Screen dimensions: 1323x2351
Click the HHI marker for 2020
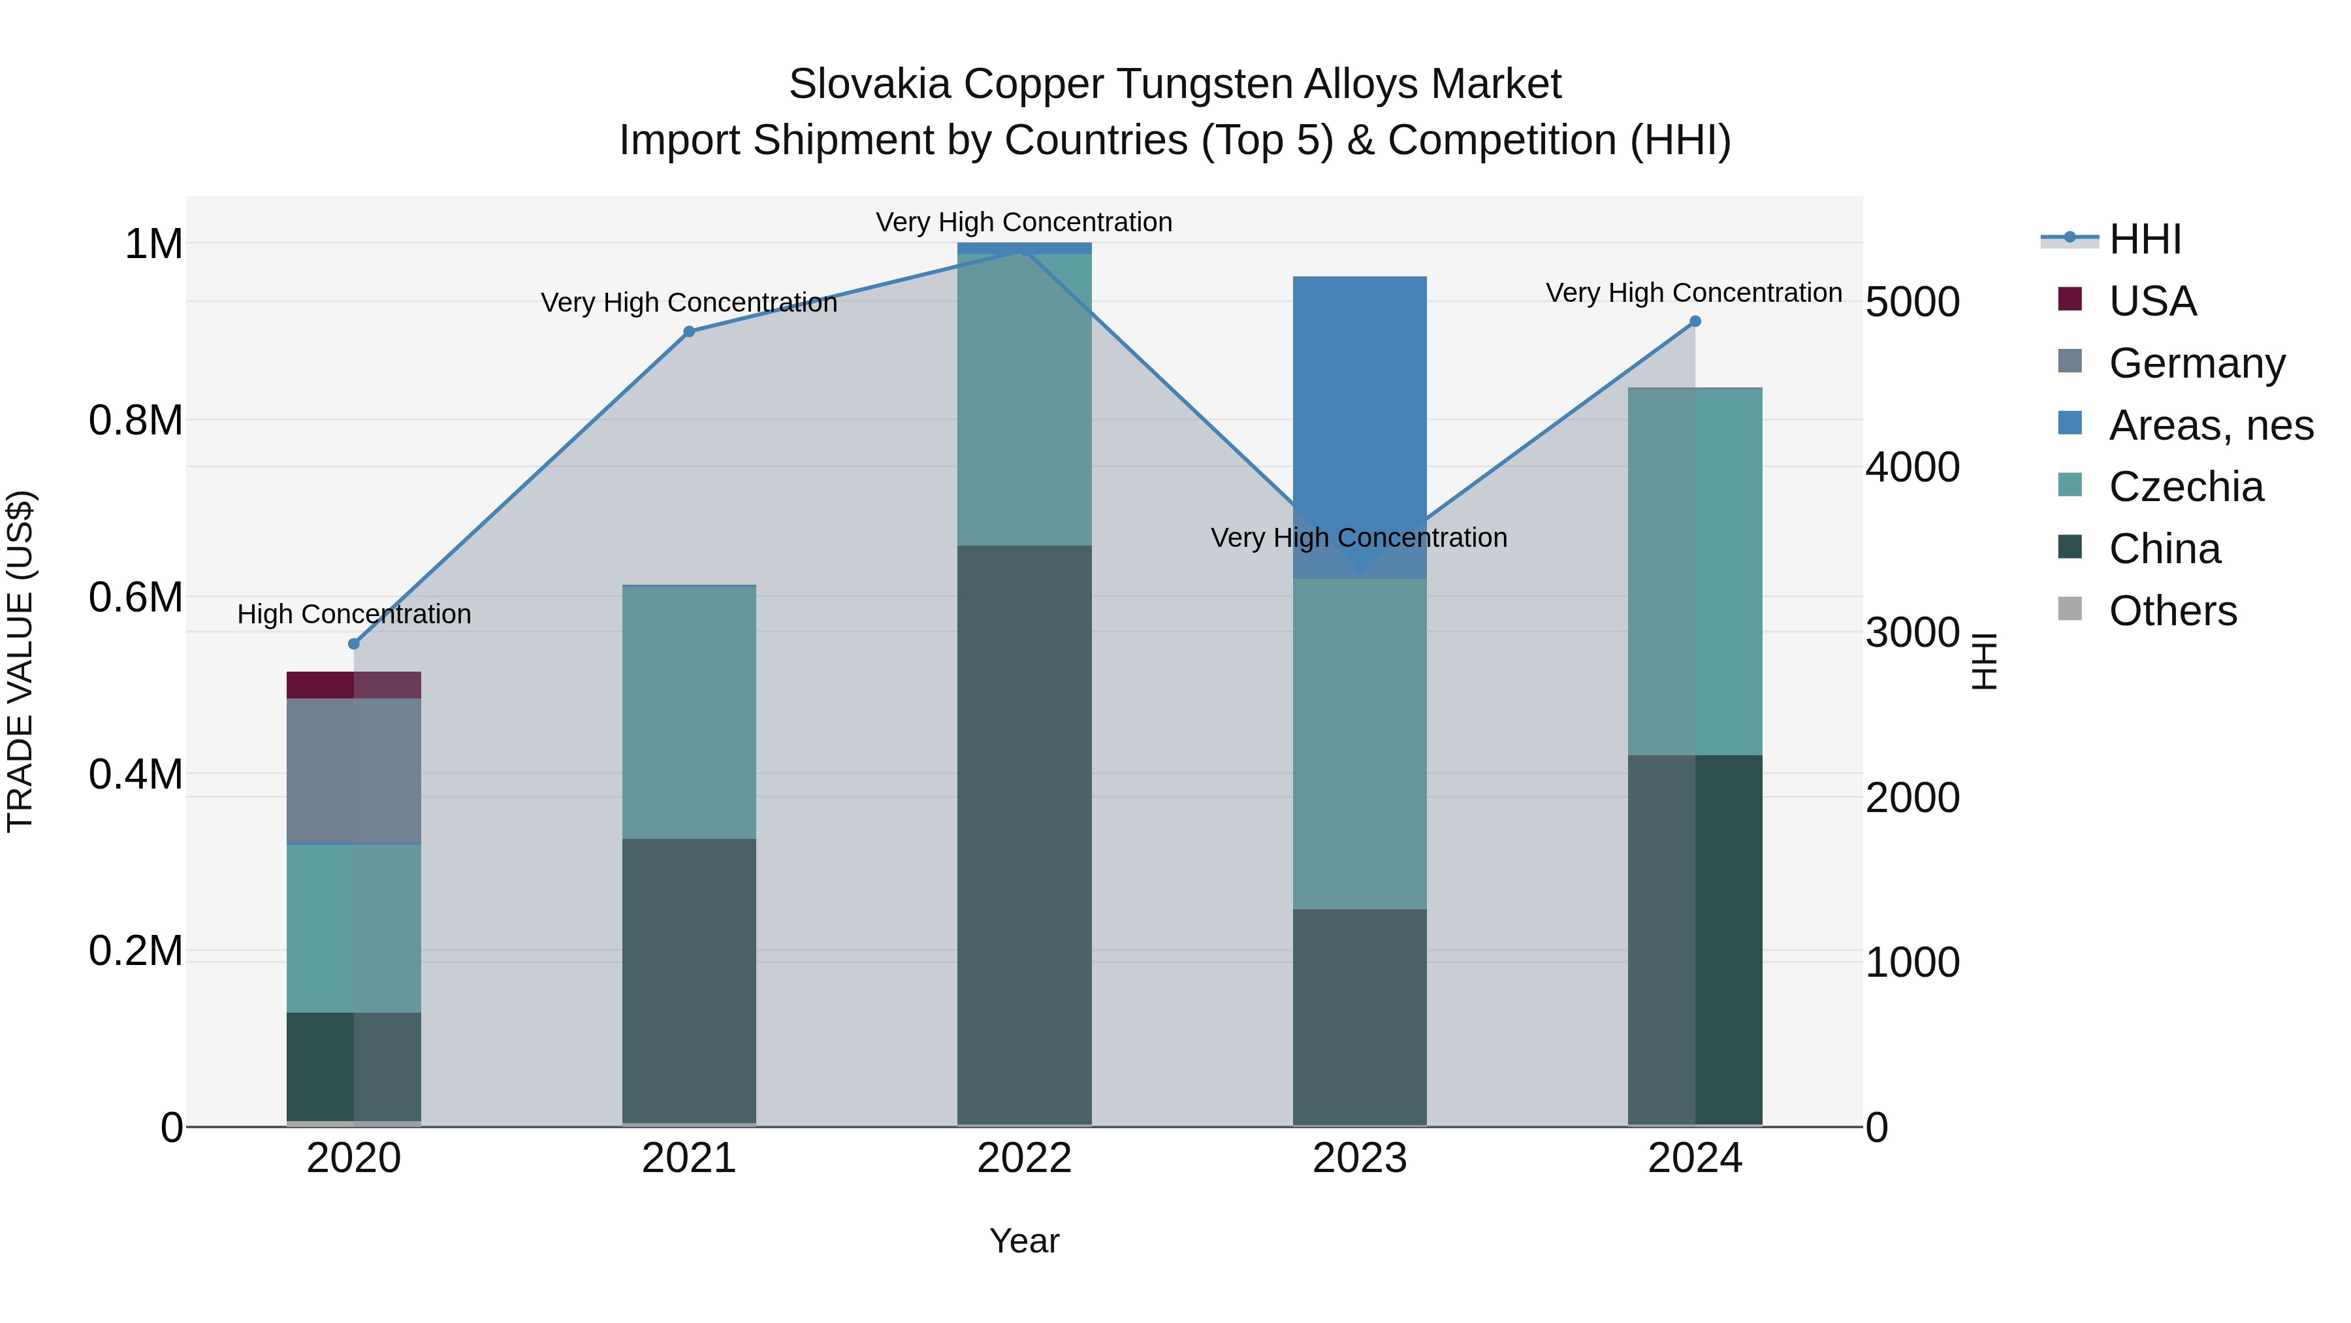354,644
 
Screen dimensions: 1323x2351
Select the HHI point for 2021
689,331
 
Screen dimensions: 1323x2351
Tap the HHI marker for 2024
1695,321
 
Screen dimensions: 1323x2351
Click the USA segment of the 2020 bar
354,685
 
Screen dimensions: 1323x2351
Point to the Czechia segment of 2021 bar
689,712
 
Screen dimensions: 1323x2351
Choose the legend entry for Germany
2196,363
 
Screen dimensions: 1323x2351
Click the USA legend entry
2152,301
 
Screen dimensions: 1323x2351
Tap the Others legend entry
2172,611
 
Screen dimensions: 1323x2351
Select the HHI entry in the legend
2145,239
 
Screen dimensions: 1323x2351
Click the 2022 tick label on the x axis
1024,1158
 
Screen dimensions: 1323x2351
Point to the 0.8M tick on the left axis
135,421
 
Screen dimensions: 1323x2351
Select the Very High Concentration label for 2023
1359,538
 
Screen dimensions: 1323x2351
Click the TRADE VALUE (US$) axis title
20,661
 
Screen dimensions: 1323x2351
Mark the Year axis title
1024,1241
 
